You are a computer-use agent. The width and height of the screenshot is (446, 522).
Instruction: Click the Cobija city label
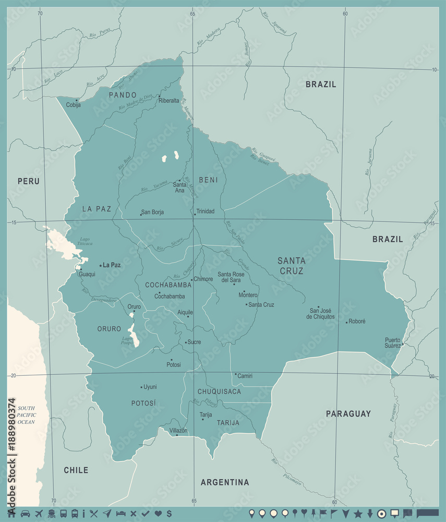coord(74,105)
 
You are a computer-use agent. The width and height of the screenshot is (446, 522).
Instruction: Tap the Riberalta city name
coord(169,101)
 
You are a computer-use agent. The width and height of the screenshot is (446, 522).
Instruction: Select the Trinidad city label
coord(205,211)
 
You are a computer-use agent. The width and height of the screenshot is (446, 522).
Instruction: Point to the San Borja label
coord(153,212)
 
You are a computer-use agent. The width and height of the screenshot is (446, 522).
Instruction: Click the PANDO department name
coord(123,95)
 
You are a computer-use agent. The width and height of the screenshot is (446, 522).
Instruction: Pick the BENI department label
coord(208,180)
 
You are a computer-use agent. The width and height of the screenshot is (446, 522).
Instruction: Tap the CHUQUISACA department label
coord(219,391)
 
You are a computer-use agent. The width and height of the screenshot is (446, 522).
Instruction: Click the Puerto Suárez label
coord(393,342)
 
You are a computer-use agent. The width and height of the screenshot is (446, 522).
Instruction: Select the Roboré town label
coord(357,322)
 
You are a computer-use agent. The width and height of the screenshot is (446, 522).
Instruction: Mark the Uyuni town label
coord(150,387)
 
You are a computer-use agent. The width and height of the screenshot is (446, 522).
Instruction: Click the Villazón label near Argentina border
coord(178,430)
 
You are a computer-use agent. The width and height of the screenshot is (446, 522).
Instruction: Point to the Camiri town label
coord(245,375)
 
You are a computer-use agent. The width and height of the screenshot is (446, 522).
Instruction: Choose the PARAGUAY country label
coord(348,413)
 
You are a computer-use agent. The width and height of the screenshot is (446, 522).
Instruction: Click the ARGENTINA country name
coord(225,482)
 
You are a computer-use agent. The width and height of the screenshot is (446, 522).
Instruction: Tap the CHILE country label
coord(76,470)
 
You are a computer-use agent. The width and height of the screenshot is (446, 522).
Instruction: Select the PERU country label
coord(29,181)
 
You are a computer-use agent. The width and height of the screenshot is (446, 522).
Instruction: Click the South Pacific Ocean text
coord(26,414)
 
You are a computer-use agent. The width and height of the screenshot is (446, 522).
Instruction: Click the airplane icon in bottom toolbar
coord(38,513)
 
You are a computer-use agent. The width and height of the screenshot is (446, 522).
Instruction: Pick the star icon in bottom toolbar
coord(358,513)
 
